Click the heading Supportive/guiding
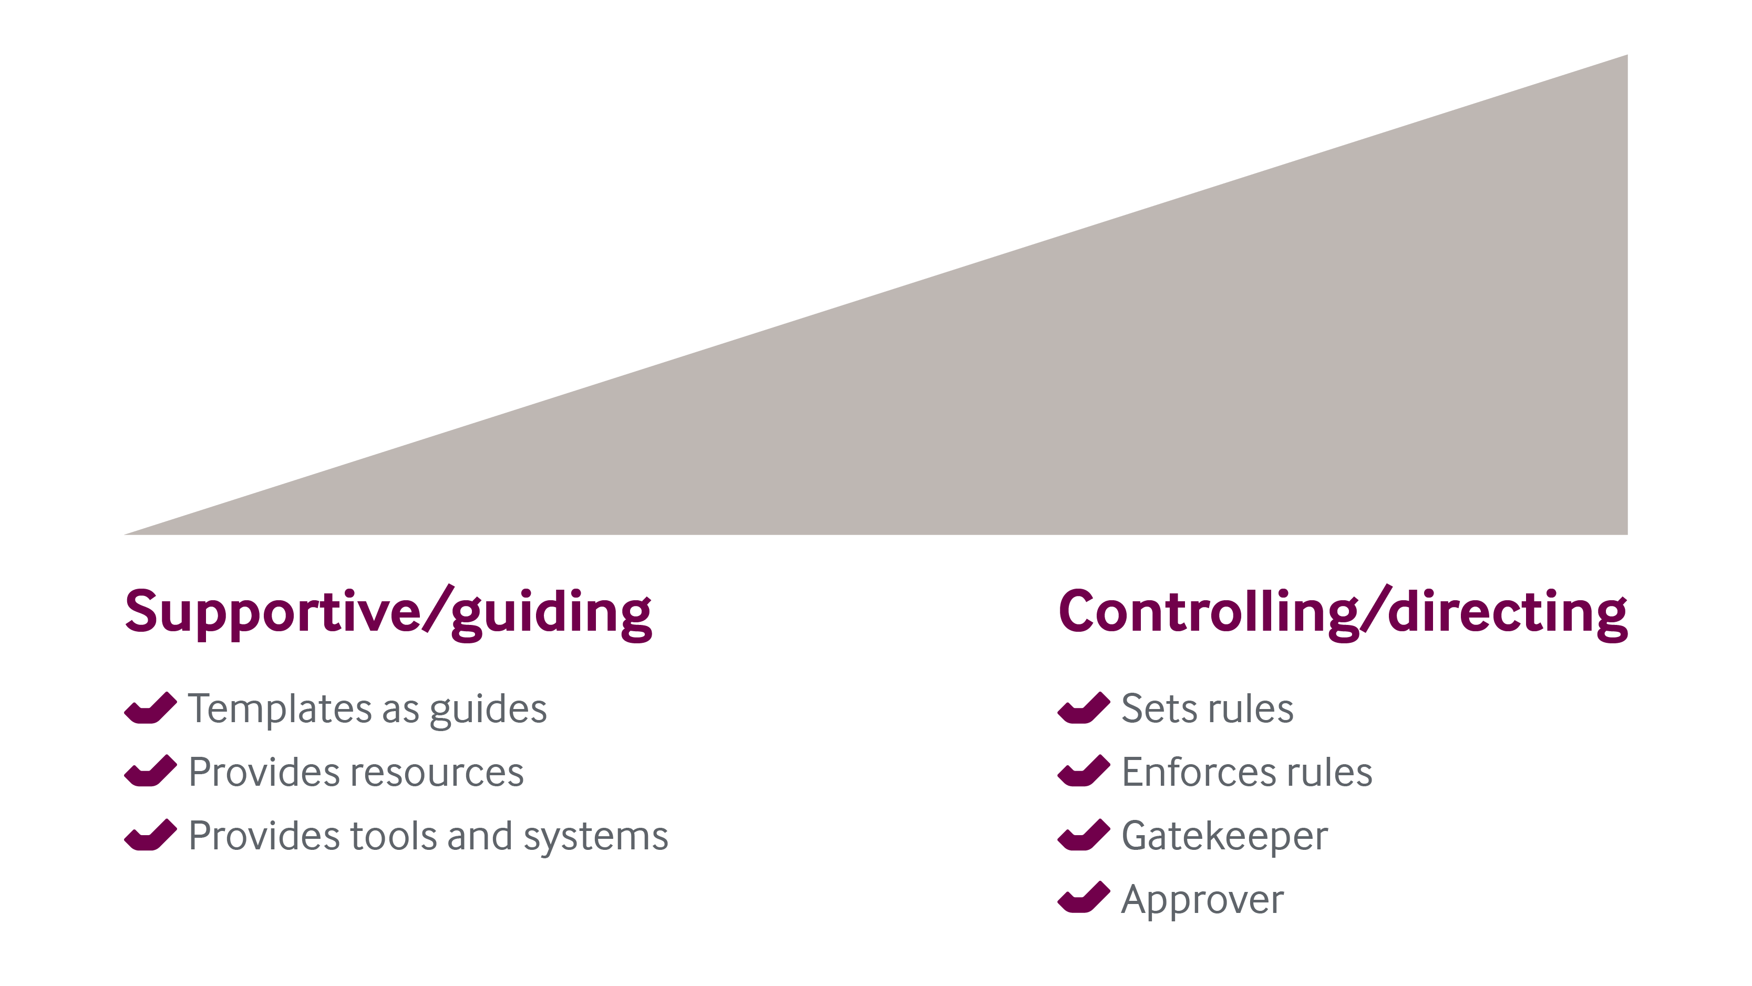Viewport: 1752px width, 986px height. point(388,612)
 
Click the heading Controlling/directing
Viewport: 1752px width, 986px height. point(1343,612)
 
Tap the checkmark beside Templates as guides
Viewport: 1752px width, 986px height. point(150,708)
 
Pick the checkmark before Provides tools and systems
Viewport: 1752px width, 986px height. point(150,835)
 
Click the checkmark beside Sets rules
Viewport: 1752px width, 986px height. point(1084,708)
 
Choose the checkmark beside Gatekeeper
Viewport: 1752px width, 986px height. point(1084,835)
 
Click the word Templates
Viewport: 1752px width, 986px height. point(280,708)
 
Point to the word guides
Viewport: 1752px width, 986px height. point(488,710)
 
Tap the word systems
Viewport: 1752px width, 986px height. point(596,836)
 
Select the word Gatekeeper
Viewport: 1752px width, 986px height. point(1224,836)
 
